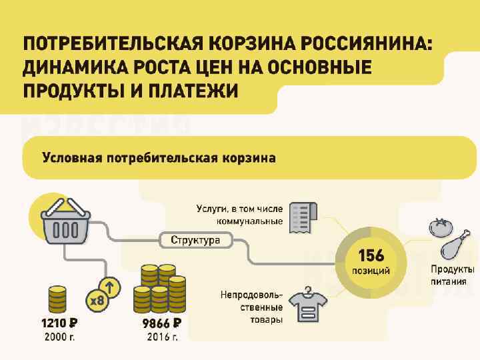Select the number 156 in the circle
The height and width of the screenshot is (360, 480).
371,256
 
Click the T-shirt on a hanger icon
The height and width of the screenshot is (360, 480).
307,303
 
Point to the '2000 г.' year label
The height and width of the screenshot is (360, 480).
59,337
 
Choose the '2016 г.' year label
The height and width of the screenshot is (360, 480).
162,337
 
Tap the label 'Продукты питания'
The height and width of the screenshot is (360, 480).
452,275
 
